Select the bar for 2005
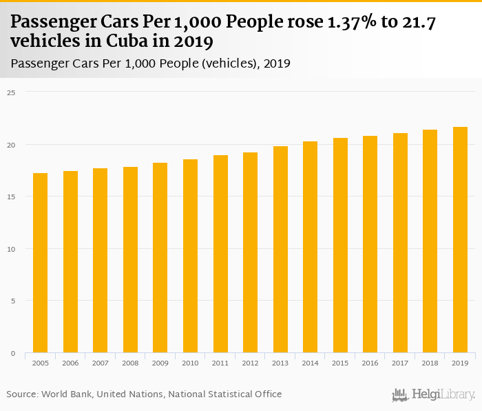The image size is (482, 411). click(x=40, y=263)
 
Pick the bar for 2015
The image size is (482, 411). click(x=340, y=245)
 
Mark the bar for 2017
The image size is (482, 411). click(x=400, y=243)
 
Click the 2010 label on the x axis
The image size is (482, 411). click(x=190, y=362)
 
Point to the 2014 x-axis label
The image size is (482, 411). click(x=310, y=362)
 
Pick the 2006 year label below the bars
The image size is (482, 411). click(x=70, y=362)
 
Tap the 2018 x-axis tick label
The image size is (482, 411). click(x=430, y=362)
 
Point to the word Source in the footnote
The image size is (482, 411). click(x=22, y=394)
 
